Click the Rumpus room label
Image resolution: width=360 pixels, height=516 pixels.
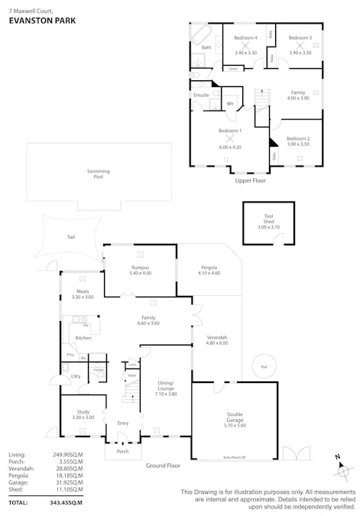(141, 268)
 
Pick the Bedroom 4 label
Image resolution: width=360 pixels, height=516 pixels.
(245, 37)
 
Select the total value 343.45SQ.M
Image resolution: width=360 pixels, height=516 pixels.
(66, 502)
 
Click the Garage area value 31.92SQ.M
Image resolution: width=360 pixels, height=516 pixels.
(67, 484)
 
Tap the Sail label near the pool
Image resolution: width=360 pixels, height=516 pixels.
(71, 237)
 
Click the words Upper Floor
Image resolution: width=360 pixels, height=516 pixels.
(250, 181)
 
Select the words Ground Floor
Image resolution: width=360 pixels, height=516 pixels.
(163, 465)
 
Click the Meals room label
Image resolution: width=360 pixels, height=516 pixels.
(82, 293)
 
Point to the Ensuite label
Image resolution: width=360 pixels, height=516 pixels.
(202, 95)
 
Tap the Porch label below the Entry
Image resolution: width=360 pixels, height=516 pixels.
(123, 451)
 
